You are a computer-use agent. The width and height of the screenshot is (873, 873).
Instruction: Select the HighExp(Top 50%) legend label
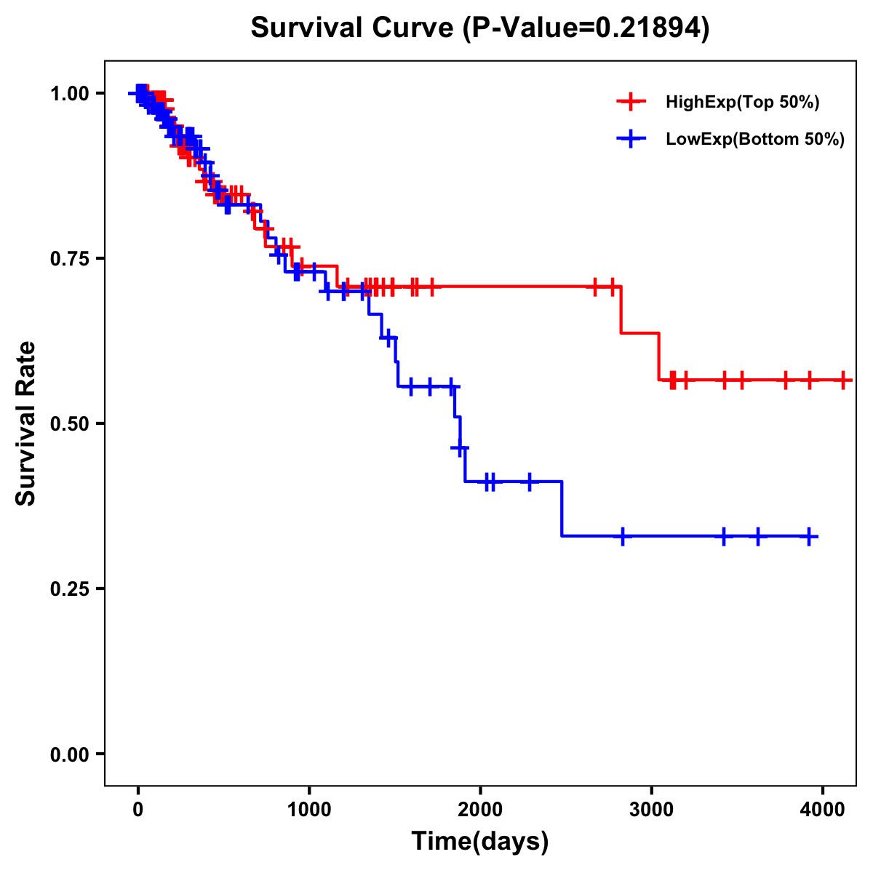[x=743, y=103]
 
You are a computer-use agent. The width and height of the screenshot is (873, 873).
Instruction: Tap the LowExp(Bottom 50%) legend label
[x=755, y=140]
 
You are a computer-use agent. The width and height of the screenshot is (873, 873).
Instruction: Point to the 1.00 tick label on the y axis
[x=69, y=94]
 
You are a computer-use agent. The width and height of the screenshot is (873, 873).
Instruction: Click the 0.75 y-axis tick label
[x=69, y=259]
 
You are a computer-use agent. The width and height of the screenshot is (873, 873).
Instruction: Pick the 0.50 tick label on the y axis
[x=69, y=424]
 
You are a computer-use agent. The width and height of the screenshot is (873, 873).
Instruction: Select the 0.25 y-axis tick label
[x=69, y=589]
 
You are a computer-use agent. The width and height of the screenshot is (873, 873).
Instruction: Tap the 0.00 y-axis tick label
[x=69, y=754]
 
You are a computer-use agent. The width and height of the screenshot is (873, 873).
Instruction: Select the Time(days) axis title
[x=480, y=842]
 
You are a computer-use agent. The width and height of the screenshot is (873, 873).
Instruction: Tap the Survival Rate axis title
[x=26, y=423]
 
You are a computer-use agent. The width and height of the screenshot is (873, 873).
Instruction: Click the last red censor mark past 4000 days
[x=843, y=380]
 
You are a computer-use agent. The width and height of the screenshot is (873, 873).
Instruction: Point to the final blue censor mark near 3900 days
[x=809, y=536]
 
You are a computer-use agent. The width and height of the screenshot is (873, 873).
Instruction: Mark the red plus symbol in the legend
[x=631, y=103]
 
